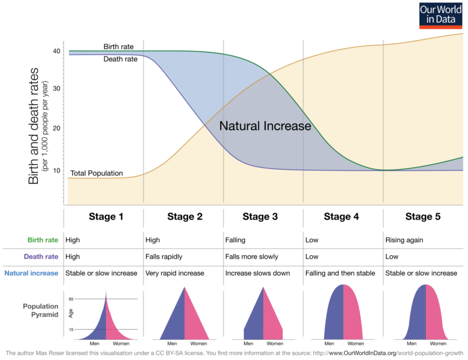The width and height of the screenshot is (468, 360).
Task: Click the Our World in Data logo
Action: coord(441,16)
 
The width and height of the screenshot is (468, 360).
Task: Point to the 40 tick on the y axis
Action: coord(57,51)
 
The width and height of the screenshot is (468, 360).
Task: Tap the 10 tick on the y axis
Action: coord(57,170)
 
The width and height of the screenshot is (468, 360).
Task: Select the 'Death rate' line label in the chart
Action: coord(120,59)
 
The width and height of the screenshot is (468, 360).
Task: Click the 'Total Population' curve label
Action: coord(97,174)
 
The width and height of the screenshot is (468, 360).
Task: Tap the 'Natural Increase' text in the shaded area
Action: coord(265,126)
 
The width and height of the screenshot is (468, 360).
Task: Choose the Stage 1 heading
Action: coord(106,217)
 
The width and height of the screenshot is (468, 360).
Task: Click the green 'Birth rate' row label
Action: coord(42,239)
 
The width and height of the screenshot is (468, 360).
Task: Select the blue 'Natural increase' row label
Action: coord(31,273)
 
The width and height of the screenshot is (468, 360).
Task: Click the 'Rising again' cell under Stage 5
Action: coord(405,239)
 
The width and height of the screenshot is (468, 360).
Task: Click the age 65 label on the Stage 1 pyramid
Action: coord(71,299)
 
